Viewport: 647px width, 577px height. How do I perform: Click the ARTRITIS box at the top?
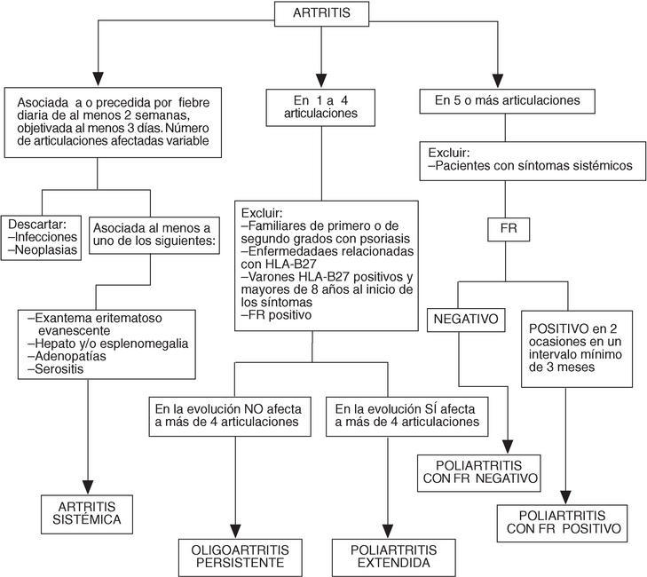click(321, 14)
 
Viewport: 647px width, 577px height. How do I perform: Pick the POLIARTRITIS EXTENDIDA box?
click(386, 554)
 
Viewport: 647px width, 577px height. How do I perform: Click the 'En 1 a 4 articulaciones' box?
click(321, 107)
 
